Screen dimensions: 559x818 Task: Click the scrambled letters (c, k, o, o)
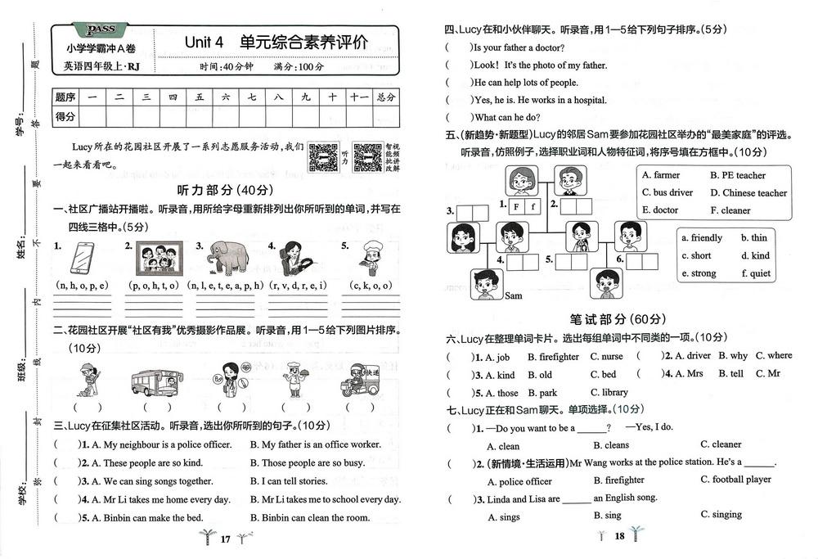pyautogui.click(x=368, y=285)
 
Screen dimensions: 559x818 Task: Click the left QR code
pyautogui.click(x=324, y=156)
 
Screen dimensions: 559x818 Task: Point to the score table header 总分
pyautogui.click(x=385, y=97)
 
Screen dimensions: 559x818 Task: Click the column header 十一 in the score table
pyautogui.click(x=358, y=97)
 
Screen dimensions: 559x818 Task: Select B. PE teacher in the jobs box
pyautogui.click(x=738, y=175)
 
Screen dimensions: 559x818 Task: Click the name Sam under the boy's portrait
pyautogui.click(x=513, y=295)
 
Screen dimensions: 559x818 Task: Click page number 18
pyautogui.click(x=619, y=536)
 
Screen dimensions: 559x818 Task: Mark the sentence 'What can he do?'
pyautogui.click(x=506, y=118)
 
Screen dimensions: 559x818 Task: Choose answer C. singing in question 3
pyautogui.click(x=721, y=515)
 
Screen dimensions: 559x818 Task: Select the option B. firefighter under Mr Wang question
pyautogui.click(x=618, y=480)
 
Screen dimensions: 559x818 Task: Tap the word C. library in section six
pyautogui.click(x=609, y=392)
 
